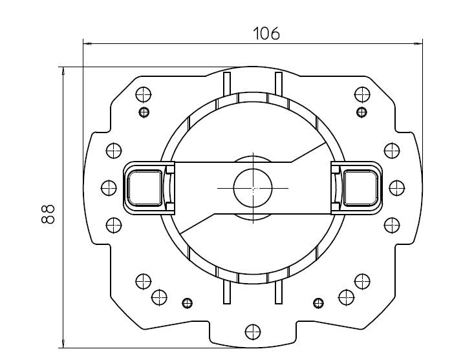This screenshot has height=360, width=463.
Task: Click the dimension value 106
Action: pos(266,34)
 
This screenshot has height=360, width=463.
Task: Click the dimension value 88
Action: pos(48,214)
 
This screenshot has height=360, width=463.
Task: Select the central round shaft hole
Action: pos(252,187)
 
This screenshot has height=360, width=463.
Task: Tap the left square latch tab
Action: pos(145,187)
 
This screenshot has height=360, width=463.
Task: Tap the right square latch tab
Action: pos(359,187)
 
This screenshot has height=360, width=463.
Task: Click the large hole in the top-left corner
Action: pos(144,94)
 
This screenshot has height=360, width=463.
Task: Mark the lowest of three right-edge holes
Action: pos(391,225)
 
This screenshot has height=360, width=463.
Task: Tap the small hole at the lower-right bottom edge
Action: pos(318,303)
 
